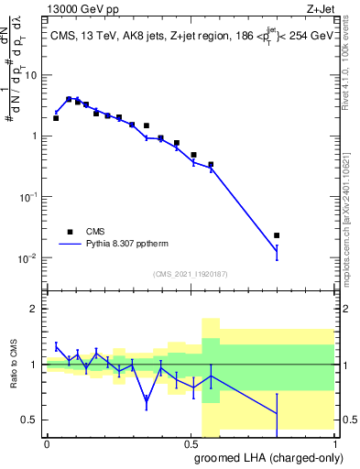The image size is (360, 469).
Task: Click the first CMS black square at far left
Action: coord(56,118)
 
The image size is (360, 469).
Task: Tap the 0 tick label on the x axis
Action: coord(47,444)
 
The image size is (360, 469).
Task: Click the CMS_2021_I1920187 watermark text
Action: coord(190,274)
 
